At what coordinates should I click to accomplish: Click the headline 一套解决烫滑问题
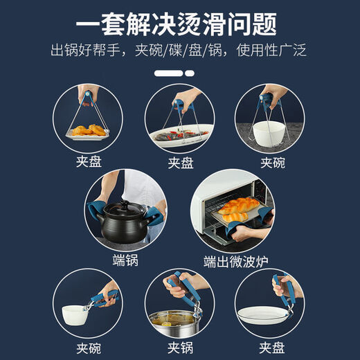point(179,25)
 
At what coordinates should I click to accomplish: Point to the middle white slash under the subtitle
point(179,72)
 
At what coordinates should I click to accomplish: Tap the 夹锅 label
point(179,346)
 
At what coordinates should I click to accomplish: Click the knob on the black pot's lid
point(127,205)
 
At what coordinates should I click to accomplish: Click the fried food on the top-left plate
point(88,130)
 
